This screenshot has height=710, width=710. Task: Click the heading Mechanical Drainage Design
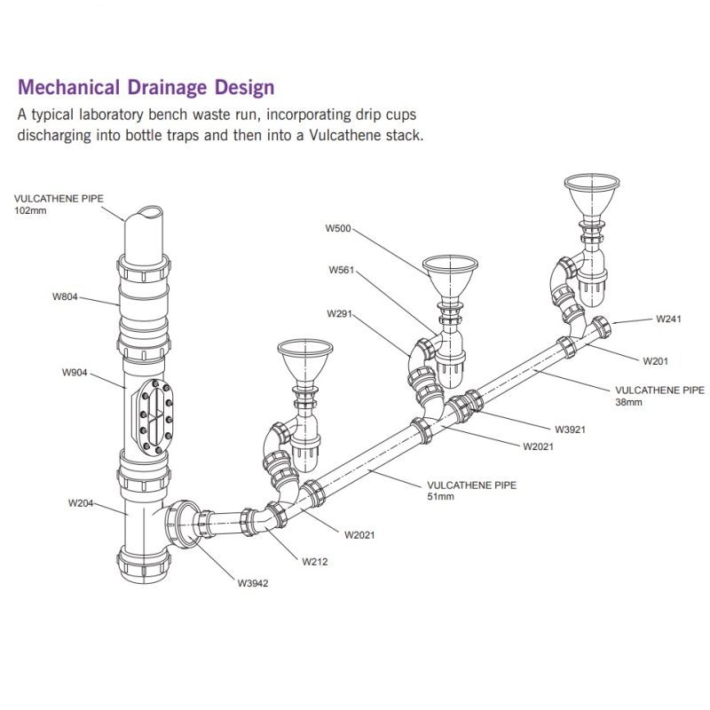pyautogui.click(x=146, y=87)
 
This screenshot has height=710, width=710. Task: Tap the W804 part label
pyautogui.click(x=65, y=296)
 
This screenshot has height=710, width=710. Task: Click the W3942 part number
pyautogui.click(x=253, y=583)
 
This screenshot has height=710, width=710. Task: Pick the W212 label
pyautogui.click(x=315, y=561)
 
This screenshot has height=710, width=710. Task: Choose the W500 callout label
pyautogui.click(x=338, y=228)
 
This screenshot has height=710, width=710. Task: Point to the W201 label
pyautogui.click(x=657, y=360)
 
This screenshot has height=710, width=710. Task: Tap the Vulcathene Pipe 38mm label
pyautogui.click(x=659, y=395)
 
